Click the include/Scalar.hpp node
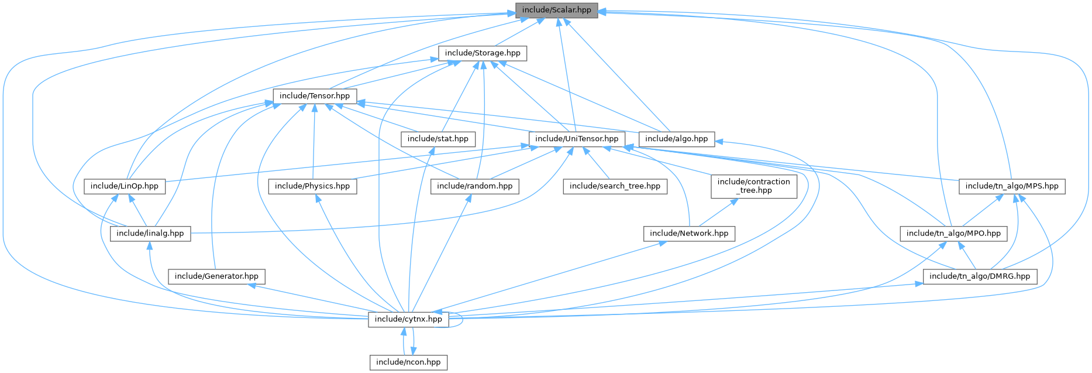(556, 10)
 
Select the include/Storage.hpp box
(483, 53)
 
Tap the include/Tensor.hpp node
(315, 95)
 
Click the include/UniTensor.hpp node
(577, 139)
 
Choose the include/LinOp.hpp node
(125, 186)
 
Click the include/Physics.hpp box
(312, 186)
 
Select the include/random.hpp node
(475, 186)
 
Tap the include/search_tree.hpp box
(615, 186)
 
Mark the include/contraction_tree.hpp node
(754, 186)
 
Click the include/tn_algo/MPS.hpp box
(1012, 186)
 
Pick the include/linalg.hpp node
(150, 233)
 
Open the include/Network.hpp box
(689, 233)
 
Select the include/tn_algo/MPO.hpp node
(953, 233)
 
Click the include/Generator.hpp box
(216, 276)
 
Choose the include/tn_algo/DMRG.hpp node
(980, 276)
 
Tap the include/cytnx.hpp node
(408, 319)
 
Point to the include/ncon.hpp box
(408, 362)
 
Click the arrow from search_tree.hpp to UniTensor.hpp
(597, 163)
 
